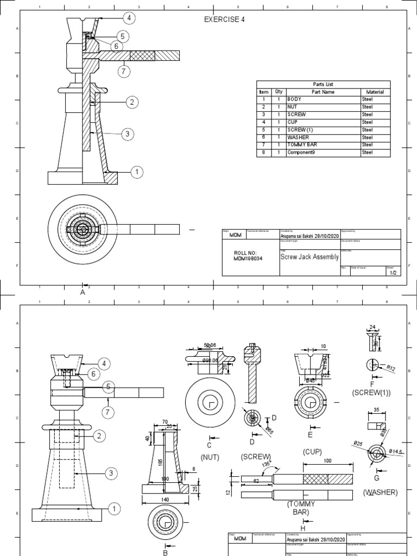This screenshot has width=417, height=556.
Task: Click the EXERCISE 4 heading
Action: pos(224,20)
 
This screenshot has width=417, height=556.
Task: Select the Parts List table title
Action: pos(321,84)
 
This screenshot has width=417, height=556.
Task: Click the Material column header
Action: pos(375,92)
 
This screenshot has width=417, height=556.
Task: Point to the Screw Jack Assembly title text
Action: pos(309,256)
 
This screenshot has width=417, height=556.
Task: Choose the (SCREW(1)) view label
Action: pos(371,391)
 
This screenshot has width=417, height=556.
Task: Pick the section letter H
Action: pos(303,528)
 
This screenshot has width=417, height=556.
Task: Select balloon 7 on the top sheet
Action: pos(124,71)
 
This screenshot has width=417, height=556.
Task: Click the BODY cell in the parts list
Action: pos(294,100)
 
